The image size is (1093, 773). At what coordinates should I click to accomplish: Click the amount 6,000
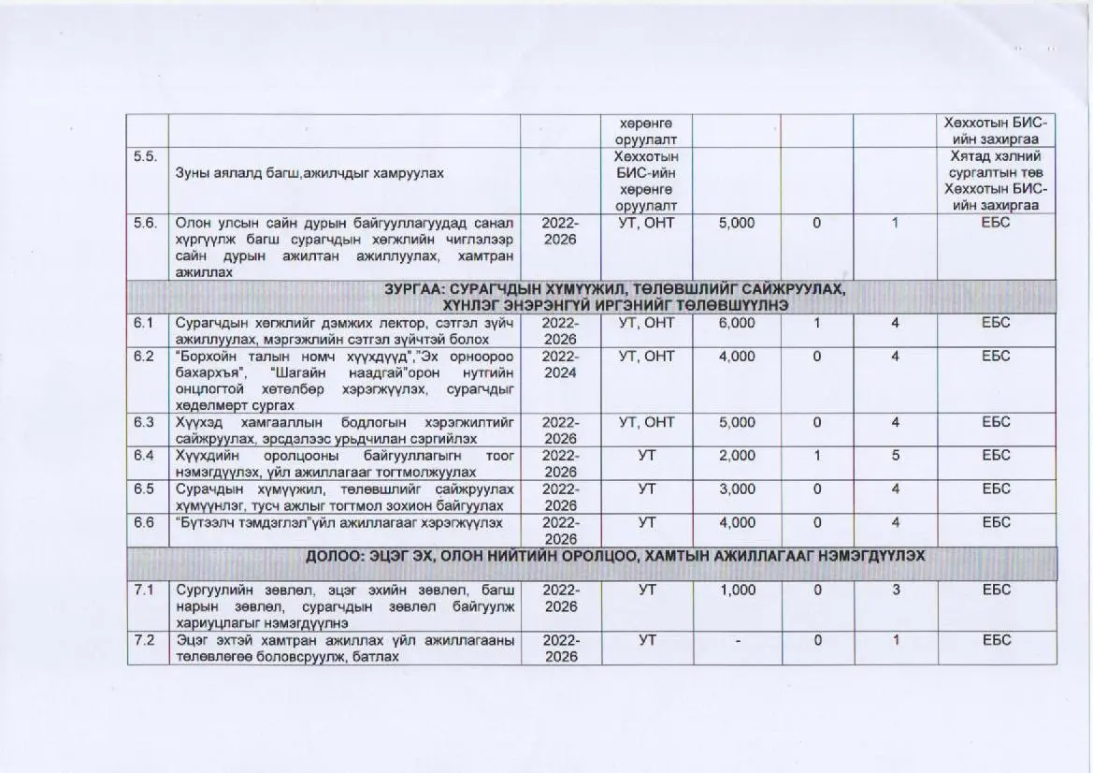click(736, 323)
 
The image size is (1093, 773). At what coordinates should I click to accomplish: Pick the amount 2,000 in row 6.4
click(736, 455)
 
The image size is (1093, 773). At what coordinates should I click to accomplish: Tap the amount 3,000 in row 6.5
click(736, 489)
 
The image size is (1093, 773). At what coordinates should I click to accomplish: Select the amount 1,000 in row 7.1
click(736, 591)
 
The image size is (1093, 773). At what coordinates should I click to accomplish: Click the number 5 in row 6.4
click(895, 455)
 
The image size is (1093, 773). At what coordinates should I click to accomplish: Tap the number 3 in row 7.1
click(895, 591)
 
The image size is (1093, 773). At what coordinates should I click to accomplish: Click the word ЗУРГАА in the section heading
click(414, 290)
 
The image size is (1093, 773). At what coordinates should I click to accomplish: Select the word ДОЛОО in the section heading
click(338, 556)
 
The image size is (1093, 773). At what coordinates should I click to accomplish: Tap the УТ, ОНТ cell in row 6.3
click(646, 422)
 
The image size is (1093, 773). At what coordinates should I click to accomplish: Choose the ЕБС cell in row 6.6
click(996, 521)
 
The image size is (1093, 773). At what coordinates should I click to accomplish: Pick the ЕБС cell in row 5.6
click(996, 225)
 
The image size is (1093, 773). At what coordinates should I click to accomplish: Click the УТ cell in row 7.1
click(646, 591)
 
